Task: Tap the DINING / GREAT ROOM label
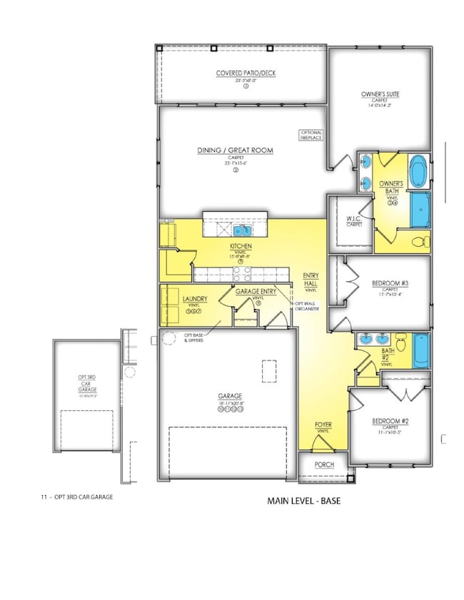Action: (236, 151)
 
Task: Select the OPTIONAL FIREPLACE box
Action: (311, 135)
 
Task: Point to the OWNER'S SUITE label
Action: (383, 94)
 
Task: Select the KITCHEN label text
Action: (241, 247)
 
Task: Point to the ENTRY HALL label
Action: (311, 280)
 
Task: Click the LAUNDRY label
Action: (193, 299)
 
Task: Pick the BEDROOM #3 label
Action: (390, 283)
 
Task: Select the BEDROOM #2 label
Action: (390, 422)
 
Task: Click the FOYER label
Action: (323, 426)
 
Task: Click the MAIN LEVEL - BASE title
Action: (303, 501)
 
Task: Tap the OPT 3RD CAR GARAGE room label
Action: (87, 382)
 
